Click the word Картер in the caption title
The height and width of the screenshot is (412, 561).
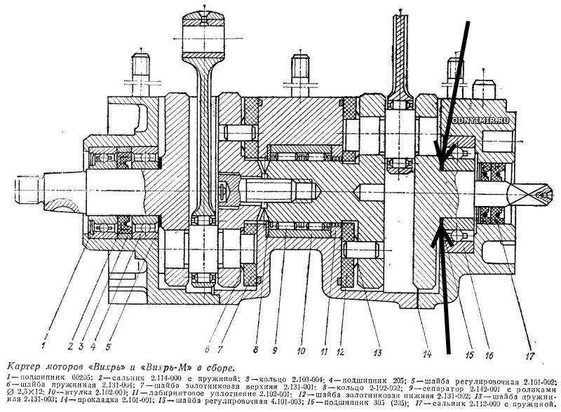click(23, 366)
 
